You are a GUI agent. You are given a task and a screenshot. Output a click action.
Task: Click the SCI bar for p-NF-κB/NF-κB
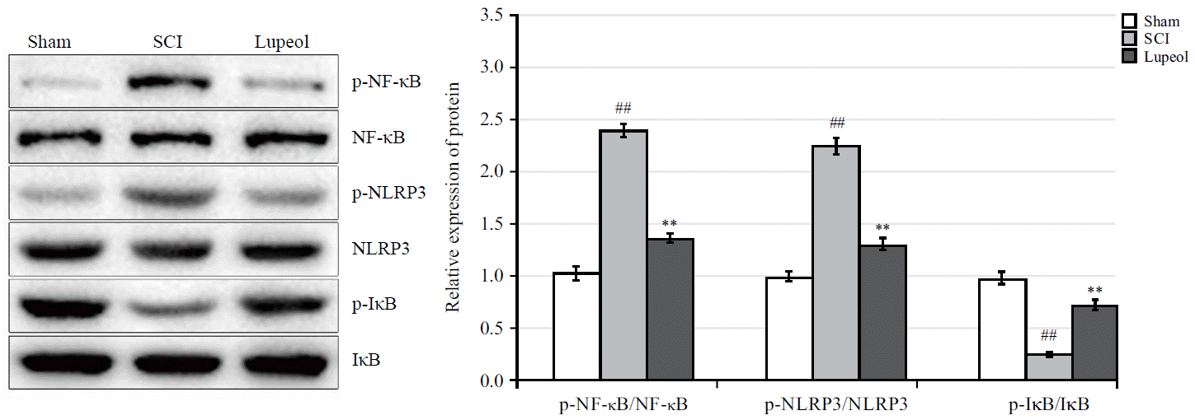coord(623,255)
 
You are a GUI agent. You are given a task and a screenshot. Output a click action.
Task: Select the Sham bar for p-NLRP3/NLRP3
coord(789,329)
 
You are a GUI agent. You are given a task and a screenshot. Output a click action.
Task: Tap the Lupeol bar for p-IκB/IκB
coord(1094,343)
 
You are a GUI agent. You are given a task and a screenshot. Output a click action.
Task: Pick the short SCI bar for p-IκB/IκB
coord(1048,367)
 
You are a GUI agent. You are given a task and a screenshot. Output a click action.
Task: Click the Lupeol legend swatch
coord(1130,57)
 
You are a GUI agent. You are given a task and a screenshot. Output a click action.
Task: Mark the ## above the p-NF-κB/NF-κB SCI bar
coord(623,108)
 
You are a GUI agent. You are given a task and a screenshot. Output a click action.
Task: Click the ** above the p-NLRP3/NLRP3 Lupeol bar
coord(882,228)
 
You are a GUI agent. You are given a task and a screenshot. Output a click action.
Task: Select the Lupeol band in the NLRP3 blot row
coord(283,250)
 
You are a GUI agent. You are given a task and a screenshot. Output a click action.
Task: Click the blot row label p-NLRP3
coord(383,194)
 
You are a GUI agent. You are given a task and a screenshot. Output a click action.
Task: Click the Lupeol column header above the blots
coord(282,42)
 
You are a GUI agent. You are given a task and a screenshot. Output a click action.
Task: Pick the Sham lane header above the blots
coord(49,42)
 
